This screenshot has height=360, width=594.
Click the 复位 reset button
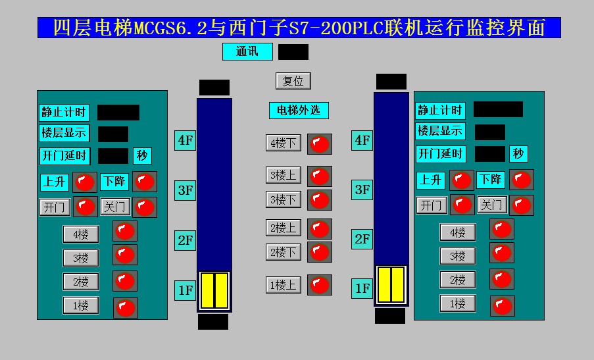(x=293, y=81)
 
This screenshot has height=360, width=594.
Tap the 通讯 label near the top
(x=247, y=51)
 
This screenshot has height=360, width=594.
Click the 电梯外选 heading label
(x=298, y=110)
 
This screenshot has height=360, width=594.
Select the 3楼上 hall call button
(x=284, y=175)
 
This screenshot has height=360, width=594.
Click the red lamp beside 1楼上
(x=320, y=285)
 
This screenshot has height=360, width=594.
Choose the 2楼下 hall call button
(x=284, y=252)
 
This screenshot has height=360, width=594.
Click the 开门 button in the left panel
(x=55, y=207)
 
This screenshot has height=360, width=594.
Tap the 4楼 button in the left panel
(x=81, y=234)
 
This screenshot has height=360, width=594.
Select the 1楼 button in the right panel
(x=457, y=303)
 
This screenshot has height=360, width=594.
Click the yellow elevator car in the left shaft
(x=214, y=290)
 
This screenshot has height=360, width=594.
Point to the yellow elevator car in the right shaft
(x=391, y=284)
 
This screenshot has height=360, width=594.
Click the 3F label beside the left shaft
(x=186, y=191)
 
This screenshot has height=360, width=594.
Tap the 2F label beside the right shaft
(x=362, y=239)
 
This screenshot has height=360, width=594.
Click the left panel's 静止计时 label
(x=63, y=112)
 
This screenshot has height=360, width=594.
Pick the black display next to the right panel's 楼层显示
(x=489, y=132)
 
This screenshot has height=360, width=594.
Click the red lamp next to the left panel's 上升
(x=84, y=182)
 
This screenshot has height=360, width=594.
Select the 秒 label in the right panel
(x=518, y=154)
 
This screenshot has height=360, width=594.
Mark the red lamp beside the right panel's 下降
(x=521, y=180)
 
